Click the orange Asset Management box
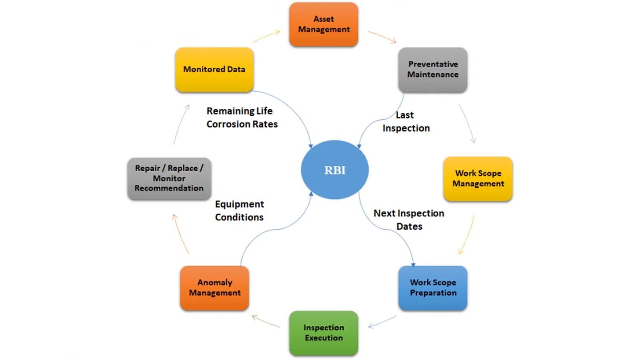tap(323, 24)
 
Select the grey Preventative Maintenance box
tap(432, 70)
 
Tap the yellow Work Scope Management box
tap(478, 179)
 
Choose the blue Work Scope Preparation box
tap(432, 288)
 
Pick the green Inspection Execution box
tap(323, 333)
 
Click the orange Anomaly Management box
tap(214, 288)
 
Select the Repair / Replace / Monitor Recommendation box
tap(169, 178)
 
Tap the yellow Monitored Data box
tap(214, 70)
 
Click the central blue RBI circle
tap(334, 170)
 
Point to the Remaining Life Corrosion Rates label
tap(242, 118)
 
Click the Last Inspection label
tap(406, 122)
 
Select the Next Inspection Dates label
tap(409, 220)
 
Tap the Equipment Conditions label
tap(239, 211)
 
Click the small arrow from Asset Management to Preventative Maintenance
tap(382, 37)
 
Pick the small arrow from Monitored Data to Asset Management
tap(266, 36)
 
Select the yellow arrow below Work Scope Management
tap(466, 235)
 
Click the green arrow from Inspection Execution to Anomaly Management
tap(266, 321)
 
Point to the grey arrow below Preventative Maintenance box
tap(467, 124)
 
